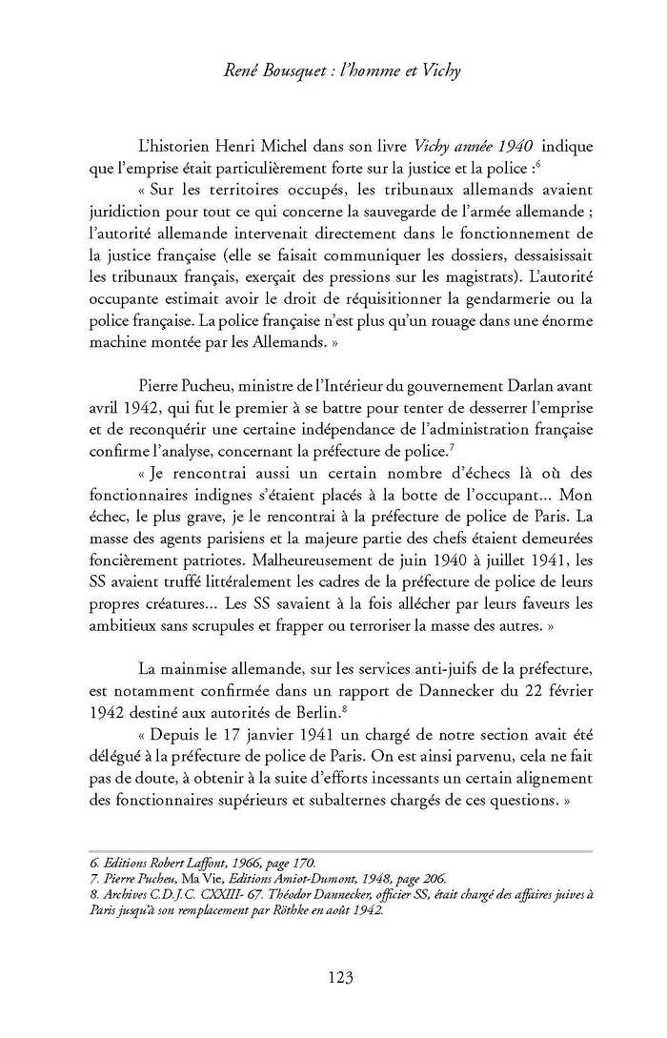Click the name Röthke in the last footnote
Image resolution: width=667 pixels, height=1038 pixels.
pos(363,911)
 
